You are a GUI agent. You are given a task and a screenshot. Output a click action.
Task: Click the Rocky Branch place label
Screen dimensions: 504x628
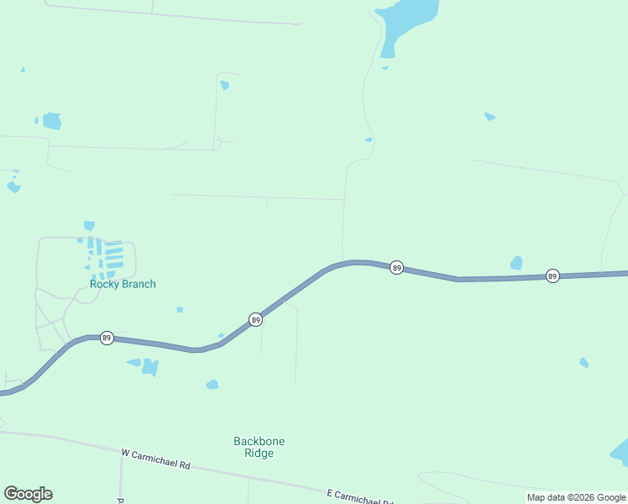click(x=123, y=284)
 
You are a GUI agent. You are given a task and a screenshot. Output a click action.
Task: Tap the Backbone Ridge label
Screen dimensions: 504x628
click(x=254, y=447)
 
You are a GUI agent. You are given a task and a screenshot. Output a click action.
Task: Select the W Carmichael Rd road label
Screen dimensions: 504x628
click(x=156, y=459)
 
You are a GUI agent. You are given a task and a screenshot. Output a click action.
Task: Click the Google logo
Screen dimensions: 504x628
click(x=28, y=494)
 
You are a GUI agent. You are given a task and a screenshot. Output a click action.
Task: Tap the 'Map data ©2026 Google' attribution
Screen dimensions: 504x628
click(x=576, y=497)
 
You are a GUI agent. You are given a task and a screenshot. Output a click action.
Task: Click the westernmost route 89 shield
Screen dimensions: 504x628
click(x=107, y=338)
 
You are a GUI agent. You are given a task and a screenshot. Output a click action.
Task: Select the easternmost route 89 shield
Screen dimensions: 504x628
click(x=552, y=276)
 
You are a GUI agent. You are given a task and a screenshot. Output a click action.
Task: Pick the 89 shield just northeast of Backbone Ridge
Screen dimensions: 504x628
click(x=255, y=320)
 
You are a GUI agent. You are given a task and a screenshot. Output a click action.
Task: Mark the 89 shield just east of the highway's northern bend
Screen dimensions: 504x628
click(x=397, y=268)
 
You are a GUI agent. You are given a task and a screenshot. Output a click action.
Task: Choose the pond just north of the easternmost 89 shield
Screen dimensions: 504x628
click(x=516, y=263)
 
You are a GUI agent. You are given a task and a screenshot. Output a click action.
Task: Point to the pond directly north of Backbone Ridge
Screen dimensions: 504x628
click(x=212, y=385)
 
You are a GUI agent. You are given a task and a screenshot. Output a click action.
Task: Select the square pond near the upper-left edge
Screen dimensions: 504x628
click(x=52, y=121)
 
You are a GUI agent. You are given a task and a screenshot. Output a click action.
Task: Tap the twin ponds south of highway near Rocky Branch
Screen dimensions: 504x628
click(x=145, y=366)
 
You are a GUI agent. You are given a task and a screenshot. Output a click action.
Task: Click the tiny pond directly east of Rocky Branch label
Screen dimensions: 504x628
click(x=180, y=309)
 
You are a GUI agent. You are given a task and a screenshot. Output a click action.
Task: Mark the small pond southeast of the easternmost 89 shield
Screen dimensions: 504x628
click(x=584, y=363)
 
